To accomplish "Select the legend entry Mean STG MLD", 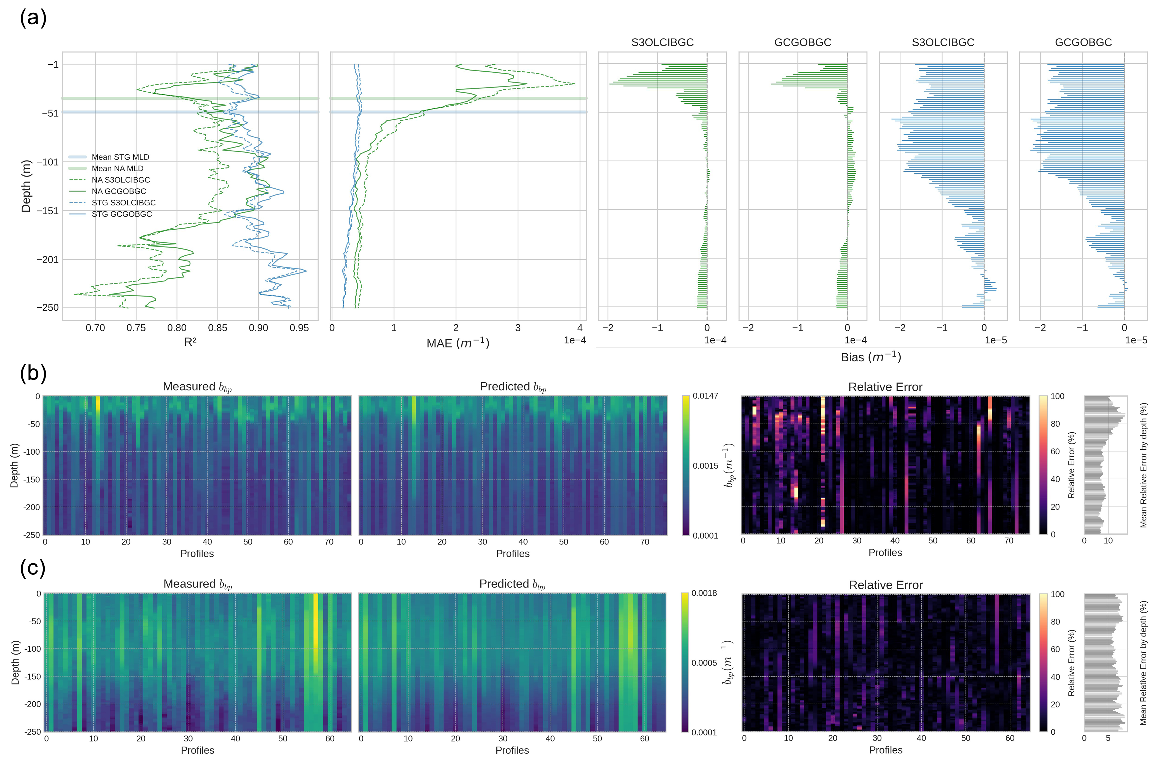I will coord(120,157).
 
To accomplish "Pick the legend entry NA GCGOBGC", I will coord(119,191).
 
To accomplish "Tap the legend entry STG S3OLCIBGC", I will coord(123,202).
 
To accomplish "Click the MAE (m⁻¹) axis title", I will coord(458,343).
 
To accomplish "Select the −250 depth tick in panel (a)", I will coord(47,307).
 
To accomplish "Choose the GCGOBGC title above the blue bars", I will coord(1083,42).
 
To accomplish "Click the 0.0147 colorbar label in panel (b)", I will coord(705,396).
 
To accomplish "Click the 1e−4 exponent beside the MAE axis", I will coord(575,340).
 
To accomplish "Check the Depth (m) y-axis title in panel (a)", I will coord(26,186).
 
